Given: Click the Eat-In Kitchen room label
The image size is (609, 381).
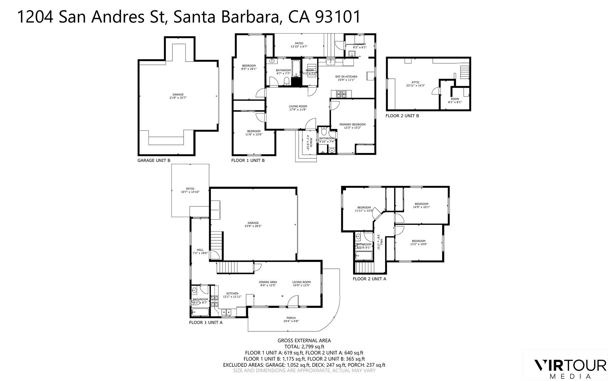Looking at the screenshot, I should [x=346, y=77].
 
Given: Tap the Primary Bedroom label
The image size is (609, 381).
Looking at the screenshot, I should [x=352, y=125].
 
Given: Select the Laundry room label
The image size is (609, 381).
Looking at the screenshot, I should [x=360, y=44].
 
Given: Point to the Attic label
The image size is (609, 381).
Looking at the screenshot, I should [x=416, y=82].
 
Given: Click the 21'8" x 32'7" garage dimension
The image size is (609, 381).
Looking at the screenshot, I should [x=178, y=98].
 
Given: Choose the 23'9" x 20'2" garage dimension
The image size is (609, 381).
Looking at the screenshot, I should [x=253, y=226].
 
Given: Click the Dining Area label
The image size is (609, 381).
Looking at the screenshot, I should [x=268, y=282].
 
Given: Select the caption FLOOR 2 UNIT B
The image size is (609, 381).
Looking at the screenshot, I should [x=402, y=116].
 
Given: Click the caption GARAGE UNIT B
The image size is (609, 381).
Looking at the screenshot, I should [x=154, y=160].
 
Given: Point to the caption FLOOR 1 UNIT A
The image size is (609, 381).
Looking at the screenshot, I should [x=206, y=323].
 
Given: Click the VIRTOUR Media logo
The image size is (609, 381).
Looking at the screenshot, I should [x=570, y=368].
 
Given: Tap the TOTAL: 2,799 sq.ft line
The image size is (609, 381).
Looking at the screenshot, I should [x=304, y=347].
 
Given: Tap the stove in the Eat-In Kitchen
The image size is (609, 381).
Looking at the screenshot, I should [x=341, y=95].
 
